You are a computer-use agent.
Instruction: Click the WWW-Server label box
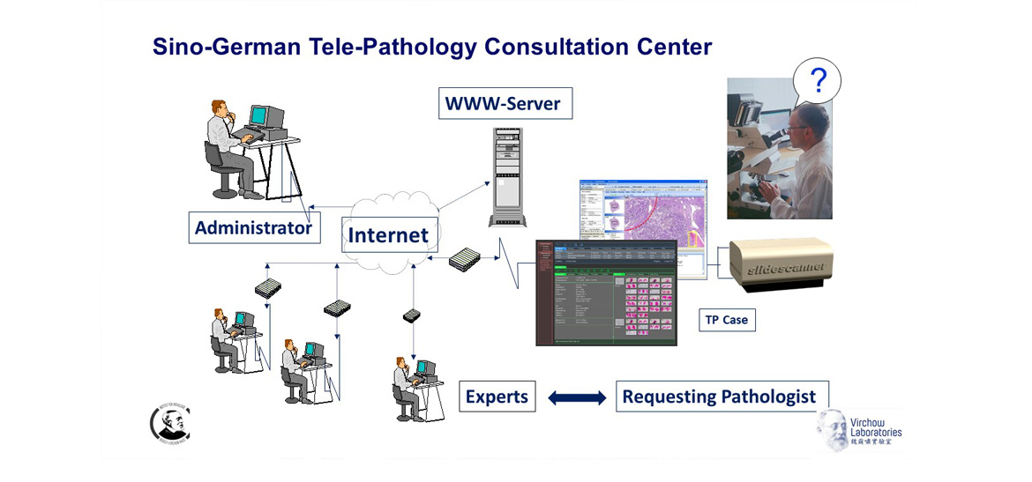[x=503, y=103]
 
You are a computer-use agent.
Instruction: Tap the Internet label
[x=389, y=235]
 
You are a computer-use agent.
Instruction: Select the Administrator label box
[x=253, y=228]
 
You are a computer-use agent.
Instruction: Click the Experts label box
[x=497, y=397]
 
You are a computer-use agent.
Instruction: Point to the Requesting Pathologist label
[x=719, y=397]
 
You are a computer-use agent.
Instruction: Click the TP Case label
[x=726, y=320]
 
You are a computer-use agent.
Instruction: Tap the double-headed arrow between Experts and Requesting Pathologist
[x=577, y=397]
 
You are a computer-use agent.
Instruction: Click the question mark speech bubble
[x=817, y=82]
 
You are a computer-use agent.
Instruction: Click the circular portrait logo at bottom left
[x=169, y=423]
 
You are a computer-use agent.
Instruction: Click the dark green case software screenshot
[x=605, y=292]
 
